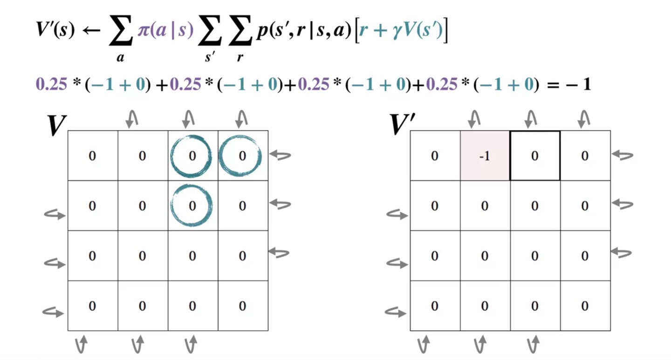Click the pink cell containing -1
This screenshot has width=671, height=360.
tap(485, 156)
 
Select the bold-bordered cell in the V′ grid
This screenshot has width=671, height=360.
tap(535, 156)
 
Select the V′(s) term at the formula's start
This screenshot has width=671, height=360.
tap(55, 31)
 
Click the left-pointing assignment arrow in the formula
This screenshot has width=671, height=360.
tap(91, 32)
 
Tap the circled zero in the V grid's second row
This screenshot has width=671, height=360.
tap(192, 205)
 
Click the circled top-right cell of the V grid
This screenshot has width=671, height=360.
tap(242, 156)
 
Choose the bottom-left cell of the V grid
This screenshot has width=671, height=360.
tap(92, 306)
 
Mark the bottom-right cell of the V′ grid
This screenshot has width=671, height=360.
tap(585, 306)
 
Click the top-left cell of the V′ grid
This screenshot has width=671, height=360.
tap(435, 156)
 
